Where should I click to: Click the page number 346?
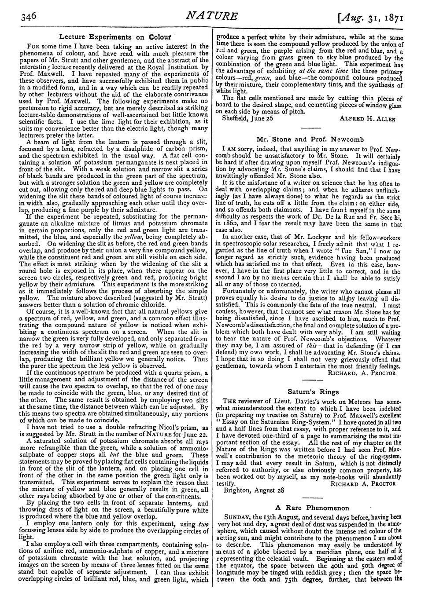pos(27,16)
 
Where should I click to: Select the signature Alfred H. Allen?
pos(368,118)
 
